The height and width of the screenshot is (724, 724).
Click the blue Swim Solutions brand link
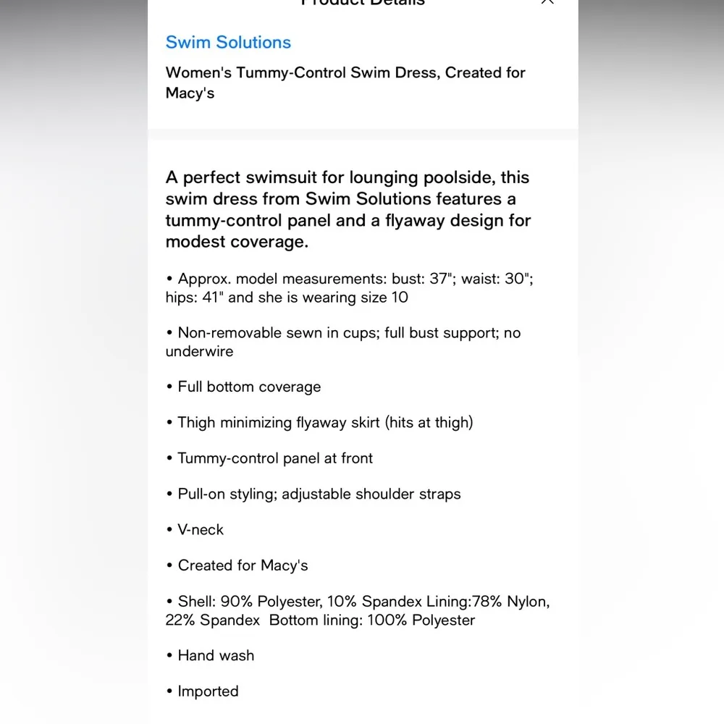(228, 42)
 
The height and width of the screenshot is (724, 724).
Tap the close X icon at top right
(547, 1)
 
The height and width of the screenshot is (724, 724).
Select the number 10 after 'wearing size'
(399, 298)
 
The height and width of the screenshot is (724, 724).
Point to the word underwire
(199, 352)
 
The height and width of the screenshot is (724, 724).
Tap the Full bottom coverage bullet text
(249, 387)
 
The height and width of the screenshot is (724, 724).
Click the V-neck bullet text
(201, 530)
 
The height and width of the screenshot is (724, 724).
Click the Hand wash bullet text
(216, 656)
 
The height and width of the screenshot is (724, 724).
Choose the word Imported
(208, 691)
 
